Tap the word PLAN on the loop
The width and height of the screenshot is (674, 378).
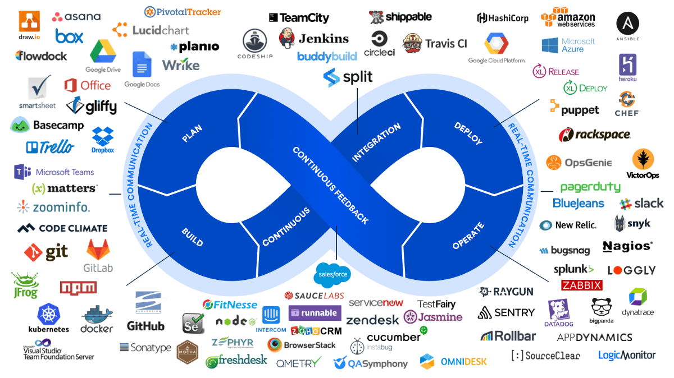click(x=192, y=133)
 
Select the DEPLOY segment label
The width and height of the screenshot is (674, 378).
click(x=468, y=133)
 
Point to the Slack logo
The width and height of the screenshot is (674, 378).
click(x=641, y=203)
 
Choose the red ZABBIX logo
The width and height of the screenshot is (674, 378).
click(x=581, y=285)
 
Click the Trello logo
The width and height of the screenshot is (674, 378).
click(x=49, y=147)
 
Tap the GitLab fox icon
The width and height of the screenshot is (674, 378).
click(x=98, y=249)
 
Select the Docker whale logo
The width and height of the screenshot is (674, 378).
click(x=97, y=315)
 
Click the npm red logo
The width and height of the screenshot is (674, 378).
click(x=78, y=287)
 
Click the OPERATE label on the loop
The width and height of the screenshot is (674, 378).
click(x=468, y=236)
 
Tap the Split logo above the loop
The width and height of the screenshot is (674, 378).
click(x=348, y=77)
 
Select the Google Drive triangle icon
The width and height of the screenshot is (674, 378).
click(x=103, y=52)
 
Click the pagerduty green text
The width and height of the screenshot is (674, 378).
click(x=590, y=187)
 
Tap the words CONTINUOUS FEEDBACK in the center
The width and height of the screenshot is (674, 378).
click(x=331, y=186)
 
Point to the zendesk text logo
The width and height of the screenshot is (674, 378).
click(x=372, y=320)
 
